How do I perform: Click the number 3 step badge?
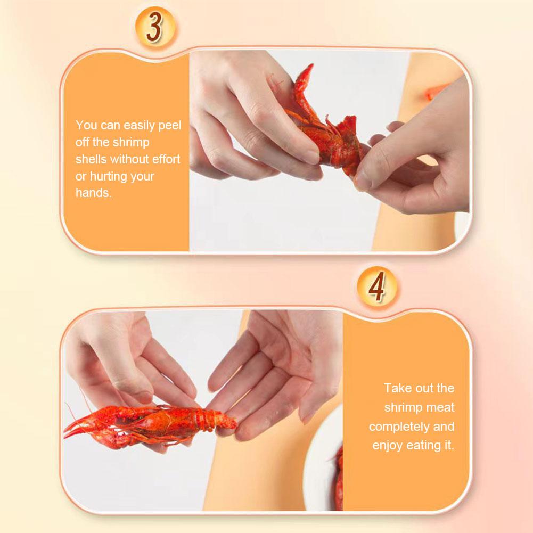pos(154,28)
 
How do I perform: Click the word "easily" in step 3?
pos(141,126)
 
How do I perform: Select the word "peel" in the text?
pos(170,126)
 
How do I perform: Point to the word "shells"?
pos(91,159)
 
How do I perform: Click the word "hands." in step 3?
pos(94,193)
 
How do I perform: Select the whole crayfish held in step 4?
pos(154,423)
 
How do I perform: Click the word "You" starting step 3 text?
pos(86,126)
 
